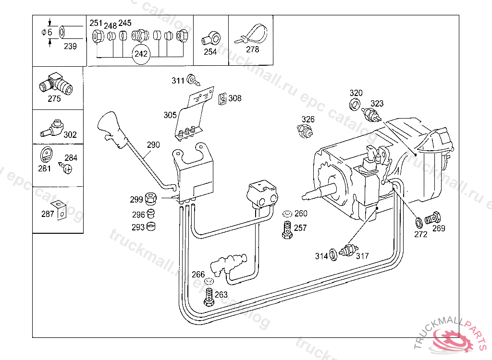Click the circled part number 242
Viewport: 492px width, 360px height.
(141, 54)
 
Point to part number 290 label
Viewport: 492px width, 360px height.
(153, 145)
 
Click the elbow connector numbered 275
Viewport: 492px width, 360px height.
(56, 84)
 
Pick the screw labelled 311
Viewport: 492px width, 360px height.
(193, 80)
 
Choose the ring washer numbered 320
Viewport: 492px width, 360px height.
(355, 104)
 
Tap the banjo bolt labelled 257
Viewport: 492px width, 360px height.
(287, 230)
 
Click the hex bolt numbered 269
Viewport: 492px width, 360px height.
(433, 218)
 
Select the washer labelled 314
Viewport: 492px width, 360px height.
(333, 254)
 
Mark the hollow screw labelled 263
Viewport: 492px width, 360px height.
(209, 297)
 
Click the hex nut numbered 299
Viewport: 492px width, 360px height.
(151, 198)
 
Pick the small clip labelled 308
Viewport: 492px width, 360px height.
(222, 99)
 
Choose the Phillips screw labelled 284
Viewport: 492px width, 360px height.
(66, 168)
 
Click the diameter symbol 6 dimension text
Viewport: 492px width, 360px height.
(47, 32)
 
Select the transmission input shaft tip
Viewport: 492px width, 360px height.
(304, 197)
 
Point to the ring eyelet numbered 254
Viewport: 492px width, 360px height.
(211, 38)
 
